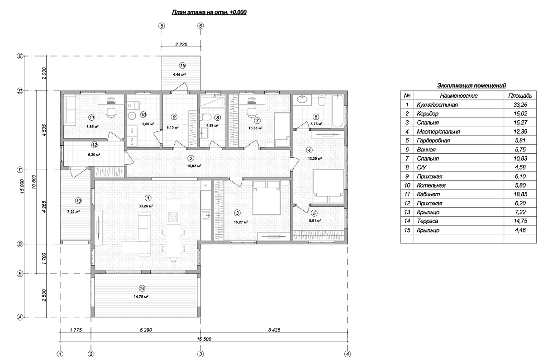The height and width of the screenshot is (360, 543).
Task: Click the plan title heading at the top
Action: pyautogui.click(x=209, y=12)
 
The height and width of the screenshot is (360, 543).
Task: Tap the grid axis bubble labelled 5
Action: pyautogui.click(x=162, y=26)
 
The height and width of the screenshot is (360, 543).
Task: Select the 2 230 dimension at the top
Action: pyautogui.click(x=181, y=44)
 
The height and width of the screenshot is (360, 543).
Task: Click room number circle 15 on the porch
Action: pyautogui.click(x=182, y=66)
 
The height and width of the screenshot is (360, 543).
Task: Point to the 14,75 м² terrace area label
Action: pyautogui.click(x=141, y=296)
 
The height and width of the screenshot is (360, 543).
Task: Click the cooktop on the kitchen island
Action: pyautogui.click(x=173, y=217)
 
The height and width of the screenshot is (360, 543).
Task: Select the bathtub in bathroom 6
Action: pyautogui.click(x=338, y=111)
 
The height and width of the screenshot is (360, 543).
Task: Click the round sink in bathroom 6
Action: pyautogui.click(x=302, y=99)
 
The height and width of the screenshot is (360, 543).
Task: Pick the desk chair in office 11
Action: pyautogui.click(x=111, y=112)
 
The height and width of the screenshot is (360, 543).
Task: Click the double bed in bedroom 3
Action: pyautogui.click(x=267, y=198)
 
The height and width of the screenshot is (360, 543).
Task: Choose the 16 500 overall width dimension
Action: pyautogui.click(x=204, y=339)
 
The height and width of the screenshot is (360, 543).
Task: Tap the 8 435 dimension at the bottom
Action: pyautogui.click(x=274, y=330)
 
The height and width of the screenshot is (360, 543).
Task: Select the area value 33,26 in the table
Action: pyautogui.click(x=520, y=104)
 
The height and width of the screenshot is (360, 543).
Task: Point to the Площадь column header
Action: pyautogui.click(x=520, y=96)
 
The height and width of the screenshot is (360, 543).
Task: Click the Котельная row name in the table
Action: pyautogui.click(x=431, y=185)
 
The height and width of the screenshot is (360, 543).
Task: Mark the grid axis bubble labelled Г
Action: pyautogui.click(x=20, y=170)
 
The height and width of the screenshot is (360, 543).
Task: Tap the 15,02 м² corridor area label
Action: pyautogui.click(x=194, y=166)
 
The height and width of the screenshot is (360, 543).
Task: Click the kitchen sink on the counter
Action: pyautogui.click(x=206, y=215)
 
